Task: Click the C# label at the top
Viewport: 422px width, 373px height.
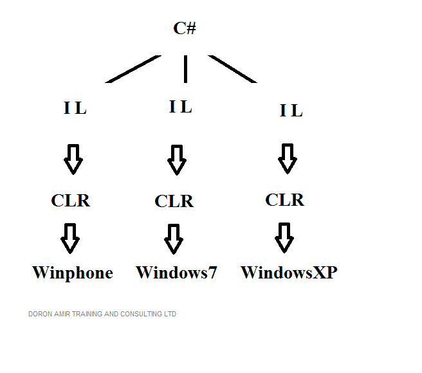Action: coord(185,28)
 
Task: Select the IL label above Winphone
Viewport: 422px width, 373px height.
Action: coord(75,108)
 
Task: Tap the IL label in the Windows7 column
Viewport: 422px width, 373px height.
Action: coord(181,107)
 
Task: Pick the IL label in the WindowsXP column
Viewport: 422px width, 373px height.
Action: coord(291,111)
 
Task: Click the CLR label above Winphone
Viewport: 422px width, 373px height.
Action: coord(71,201)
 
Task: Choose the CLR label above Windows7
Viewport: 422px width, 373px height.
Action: coord(174,201)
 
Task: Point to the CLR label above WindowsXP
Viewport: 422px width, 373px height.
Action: coord(285,199)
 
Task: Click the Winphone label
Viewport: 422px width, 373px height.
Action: coord(73,273)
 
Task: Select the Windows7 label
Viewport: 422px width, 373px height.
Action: coord(176,273)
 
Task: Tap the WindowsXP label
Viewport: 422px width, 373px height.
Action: coord(289,273)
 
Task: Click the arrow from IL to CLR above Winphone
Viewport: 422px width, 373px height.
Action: coord(73,159)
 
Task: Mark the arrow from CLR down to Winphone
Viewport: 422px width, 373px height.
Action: coord(70,238)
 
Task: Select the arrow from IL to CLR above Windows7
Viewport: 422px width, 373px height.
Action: coord(177,160)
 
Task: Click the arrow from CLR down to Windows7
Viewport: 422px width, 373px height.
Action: coord(173,239)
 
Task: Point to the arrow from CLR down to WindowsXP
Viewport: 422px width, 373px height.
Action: coord(284,237)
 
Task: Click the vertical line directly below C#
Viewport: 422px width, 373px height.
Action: coord(185,68)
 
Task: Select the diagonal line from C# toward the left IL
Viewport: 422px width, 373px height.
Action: coord(133,69)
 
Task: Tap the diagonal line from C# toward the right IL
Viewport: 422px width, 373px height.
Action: coord(233,69)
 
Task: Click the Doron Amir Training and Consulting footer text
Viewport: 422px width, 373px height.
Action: coord(102,314)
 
